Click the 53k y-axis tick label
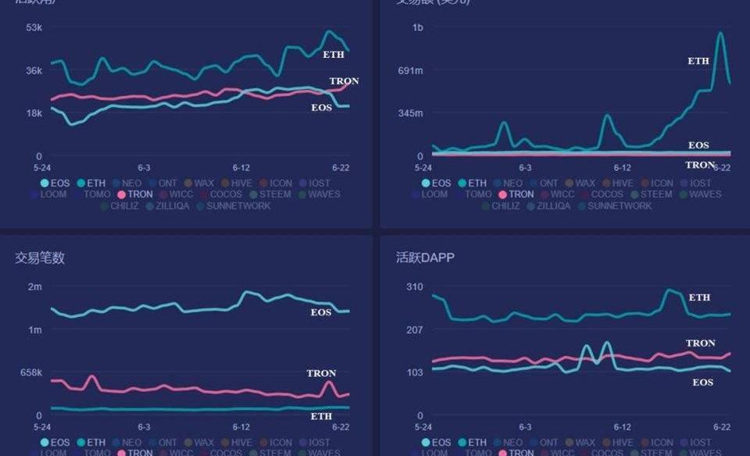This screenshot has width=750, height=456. (34, 27)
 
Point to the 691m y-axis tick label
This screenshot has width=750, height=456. (410, 70)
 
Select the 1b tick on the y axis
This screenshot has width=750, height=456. (417, 27)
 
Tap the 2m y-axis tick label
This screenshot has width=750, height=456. (35, 287)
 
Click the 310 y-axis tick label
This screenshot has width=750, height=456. (414, 287)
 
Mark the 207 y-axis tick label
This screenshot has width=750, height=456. (414, 330)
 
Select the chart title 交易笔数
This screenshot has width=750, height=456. (40, 258)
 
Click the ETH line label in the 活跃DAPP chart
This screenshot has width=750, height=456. (699, 297)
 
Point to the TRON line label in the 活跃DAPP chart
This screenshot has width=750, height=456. (700, 343)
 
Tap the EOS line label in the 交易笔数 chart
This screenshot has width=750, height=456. (321, 312)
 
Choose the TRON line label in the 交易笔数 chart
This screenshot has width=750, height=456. (321, 373)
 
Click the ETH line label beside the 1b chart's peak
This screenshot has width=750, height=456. (698, 61)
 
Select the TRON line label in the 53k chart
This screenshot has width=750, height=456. (344, 81)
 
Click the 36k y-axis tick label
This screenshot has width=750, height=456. (34, 70)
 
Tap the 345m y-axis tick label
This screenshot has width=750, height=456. (410, 113)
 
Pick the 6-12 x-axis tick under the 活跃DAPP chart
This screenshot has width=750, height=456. (622, 427)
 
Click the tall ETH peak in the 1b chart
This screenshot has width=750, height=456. (720, 33)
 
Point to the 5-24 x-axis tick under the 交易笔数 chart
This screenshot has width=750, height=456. (41, 427)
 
